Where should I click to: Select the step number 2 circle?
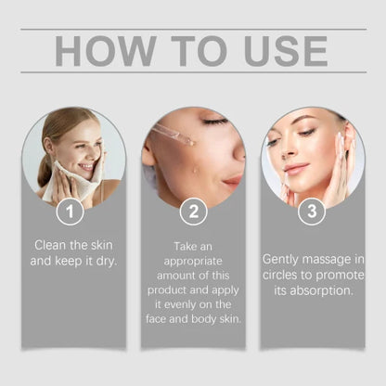(193, 212)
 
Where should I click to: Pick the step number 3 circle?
(311, 212)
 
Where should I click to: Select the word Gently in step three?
(283, 259)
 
